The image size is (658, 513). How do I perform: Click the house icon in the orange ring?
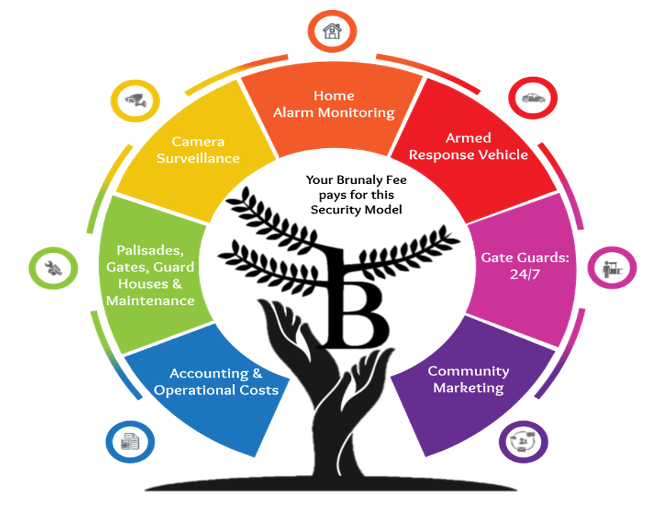[332, 31]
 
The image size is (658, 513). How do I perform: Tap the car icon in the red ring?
[531, 98]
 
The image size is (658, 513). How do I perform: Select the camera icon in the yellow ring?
[135, 102]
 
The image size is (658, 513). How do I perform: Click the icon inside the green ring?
[53, 268]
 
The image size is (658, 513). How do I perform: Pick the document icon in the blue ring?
[130, 442]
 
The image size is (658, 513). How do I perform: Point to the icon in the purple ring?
[523, 442]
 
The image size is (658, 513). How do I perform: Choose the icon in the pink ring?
[611, 268]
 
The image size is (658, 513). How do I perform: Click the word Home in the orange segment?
[334, 95]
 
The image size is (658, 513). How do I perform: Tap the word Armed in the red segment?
[468, 138]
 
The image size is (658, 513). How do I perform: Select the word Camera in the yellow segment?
[198, 141]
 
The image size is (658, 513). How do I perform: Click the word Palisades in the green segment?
[150, 250]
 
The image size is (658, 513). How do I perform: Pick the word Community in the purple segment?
[468, 371]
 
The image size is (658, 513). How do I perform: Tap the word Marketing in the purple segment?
[468, 388]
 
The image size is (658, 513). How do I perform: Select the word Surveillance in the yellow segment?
[198, 158]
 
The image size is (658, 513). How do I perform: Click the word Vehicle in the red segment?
[503, 155]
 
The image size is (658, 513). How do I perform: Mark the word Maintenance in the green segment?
[150, 301]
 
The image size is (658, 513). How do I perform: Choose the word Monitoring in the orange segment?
[355, 113]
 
